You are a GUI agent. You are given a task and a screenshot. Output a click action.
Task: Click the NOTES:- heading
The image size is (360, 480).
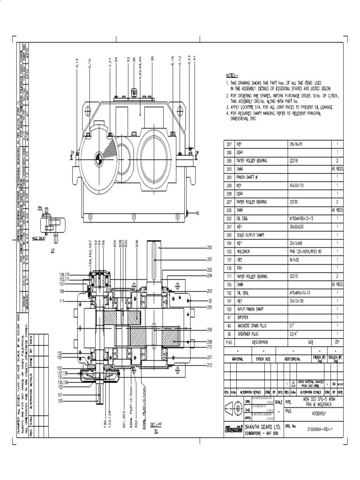coord(232,75)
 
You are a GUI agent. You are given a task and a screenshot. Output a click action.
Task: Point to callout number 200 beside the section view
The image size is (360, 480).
coord(210,247)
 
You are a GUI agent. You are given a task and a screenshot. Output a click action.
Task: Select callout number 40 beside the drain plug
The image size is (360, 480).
coord(197,213)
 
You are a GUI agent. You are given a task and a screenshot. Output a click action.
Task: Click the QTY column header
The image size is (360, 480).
coord(336,342)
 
